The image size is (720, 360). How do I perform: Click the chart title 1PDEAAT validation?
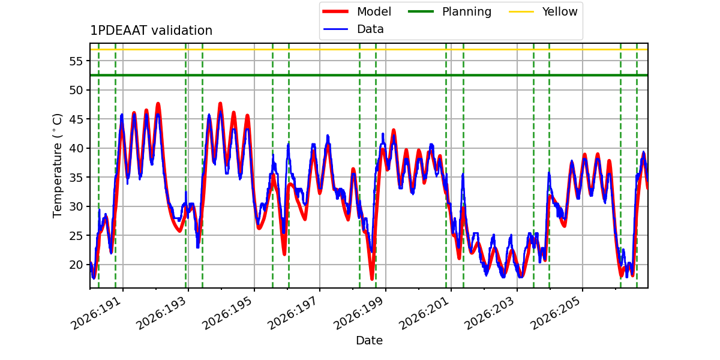point(151,31)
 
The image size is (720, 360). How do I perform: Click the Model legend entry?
point(357,11)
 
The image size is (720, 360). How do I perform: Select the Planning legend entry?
point(449,11)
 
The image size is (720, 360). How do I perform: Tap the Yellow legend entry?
point(543,11)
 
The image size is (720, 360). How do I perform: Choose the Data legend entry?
point(353,29)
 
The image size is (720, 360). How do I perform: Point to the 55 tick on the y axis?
point(76,61)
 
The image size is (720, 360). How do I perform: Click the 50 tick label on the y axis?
point(76,90)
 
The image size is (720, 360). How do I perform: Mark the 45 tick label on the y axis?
point(76,119)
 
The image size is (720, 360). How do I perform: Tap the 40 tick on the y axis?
point(76,148)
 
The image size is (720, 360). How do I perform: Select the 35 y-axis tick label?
point(76,178)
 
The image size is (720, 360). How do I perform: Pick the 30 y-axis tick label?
point(76,206)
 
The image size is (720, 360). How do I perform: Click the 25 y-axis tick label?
point(76,236)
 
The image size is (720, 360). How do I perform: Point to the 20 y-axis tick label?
point(76,265)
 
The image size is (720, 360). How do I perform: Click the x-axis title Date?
point(369,340)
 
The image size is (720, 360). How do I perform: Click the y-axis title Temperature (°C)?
point(57,166)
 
